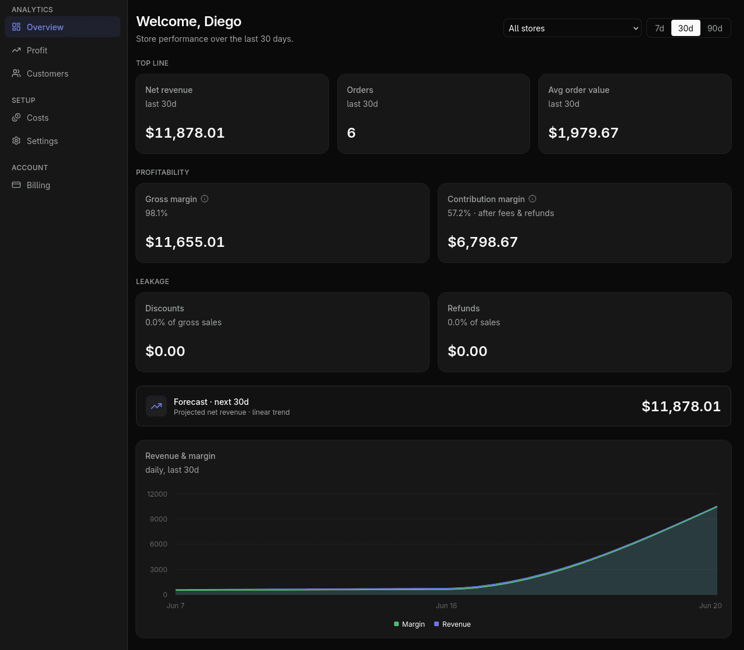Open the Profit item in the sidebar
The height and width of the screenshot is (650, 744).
pos(37,51)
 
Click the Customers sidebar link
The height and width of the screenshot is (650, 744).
pos(47,74)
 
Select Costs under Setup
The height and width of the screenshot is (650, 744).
pos(37,118)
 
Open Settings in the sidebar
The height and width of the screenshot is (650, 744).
pos(42,141)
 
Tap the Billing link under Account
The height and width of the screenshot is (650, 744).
pos(38,185)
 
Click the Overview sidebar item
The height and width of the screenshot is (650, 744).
pos(45,27)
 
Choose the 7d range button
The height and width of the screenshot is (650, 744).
pos(659,28)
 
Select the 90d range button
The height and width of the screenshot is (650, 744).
pos(714,28)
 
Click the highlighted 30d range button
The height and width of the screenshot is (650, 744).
pos(685,28)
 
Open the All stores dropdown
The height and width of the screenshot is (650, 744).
pos(572,28)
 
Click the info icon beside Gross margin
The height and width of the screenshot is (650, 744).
pos(205,199)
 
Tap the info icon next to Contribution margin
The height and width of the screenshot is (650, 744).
pos(532,199)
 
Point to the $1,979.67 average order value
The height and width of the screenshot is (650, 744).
pos(583,133)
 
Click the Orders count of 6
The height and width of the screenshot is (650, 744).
pos(351,133)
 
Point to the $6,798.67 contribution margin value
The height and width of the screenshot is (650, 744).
pos(482,242)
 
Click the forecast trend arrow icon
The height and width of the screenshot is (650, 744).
pos(156,406)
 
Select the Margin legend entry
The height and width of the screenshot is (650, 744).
pos(409,624)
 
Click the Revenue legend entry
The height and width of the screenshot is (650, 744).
pos(452,624)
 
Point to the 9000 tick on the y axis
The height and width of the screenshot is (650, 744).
pos(159,519)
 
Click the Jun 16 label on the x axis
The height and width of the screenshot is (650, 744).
pos(446,606)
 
